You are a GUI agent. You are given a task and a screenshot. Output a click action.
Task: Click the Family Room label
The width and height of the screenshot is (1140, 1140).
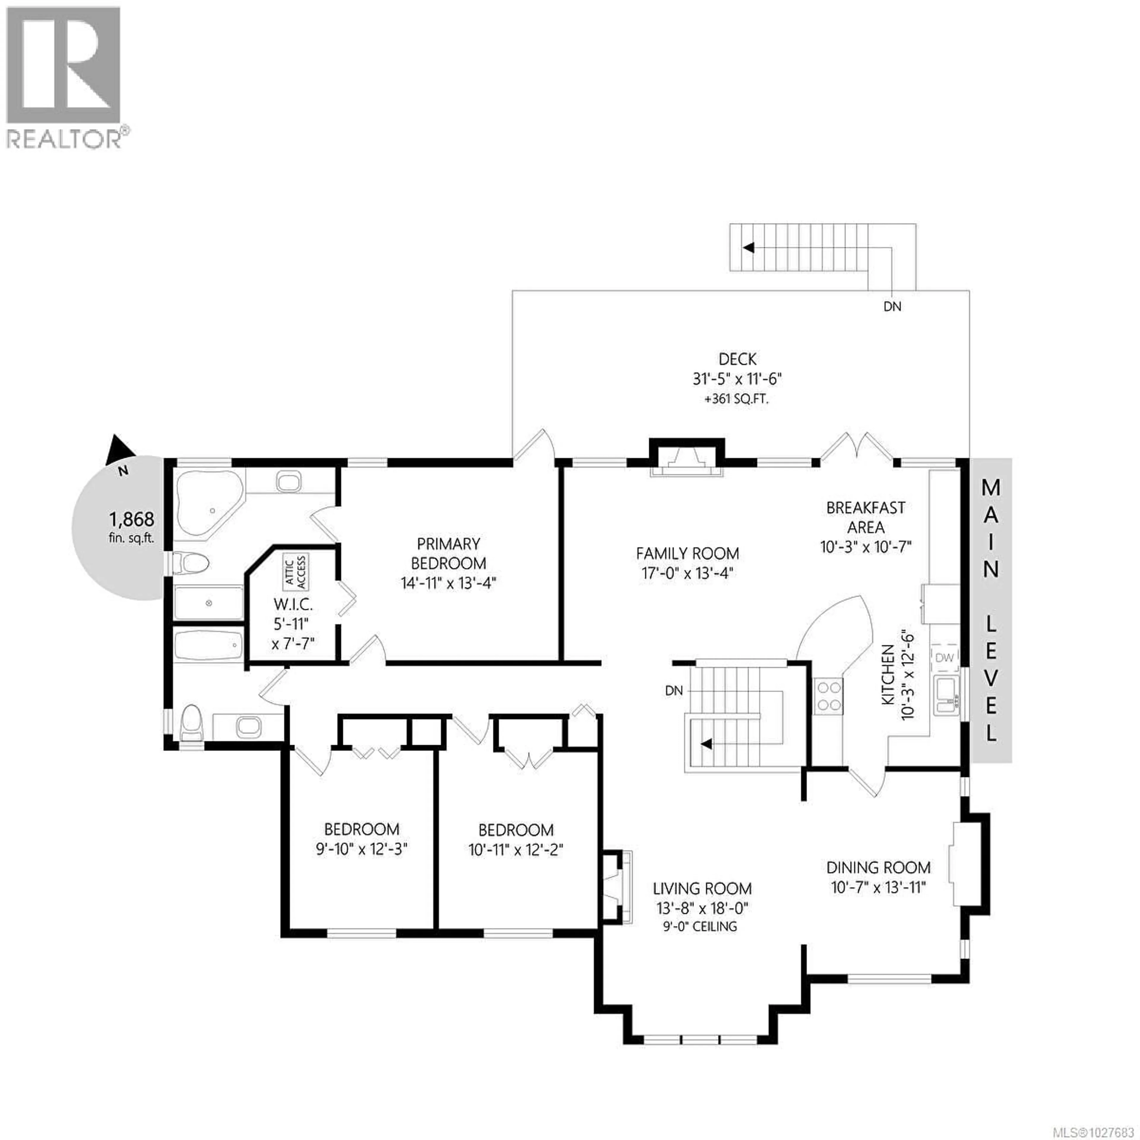[688, 553]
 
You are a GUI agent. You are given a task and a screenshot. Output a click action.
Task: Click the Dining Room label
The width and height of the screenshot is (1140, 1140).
[878, 867]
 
